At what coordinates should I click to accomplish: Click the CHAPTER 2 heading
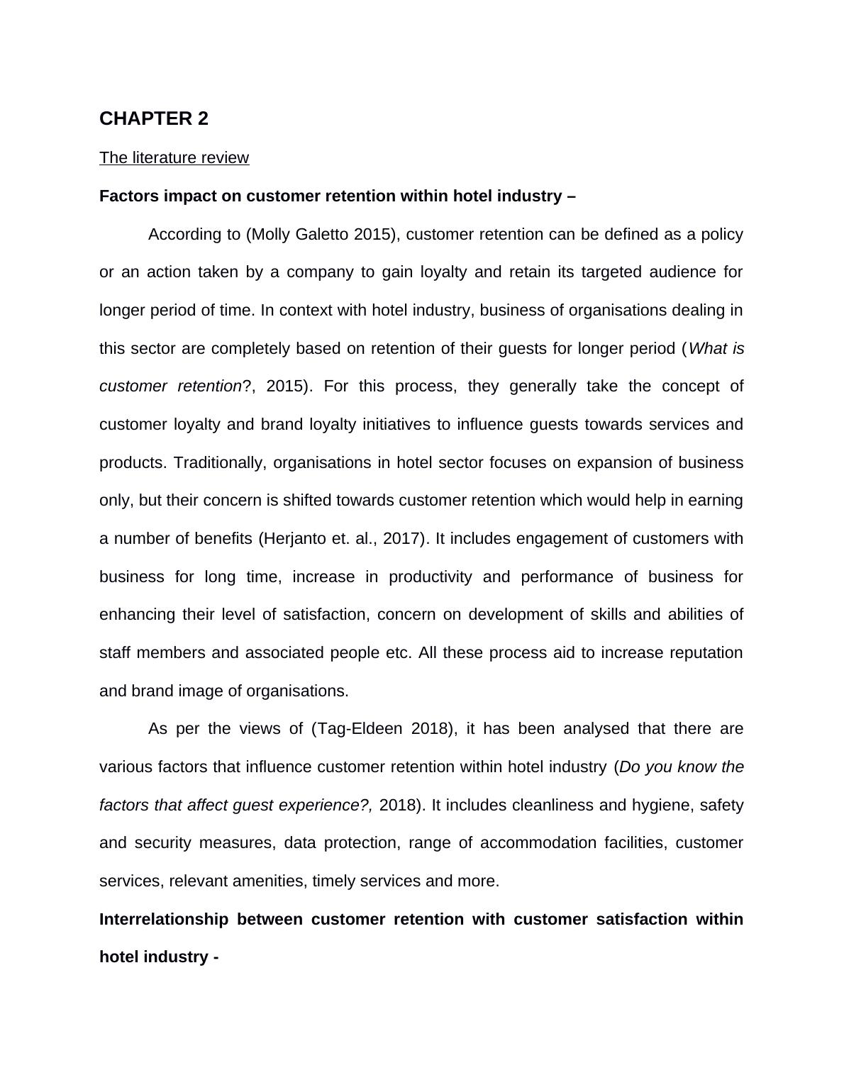[x=154, y=118]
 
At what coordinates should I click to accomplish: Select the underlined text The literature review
[x=174, y=157]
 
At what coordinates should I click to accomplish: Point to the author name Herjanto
[x=293, y=539]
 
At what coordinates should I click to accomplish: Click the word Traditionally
[x=217, y=462]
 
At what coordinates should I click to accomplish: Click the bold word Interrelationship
[x=164, y=920]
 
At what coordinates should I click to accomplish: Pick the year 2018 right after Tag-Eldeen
[x=429, y=729]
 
